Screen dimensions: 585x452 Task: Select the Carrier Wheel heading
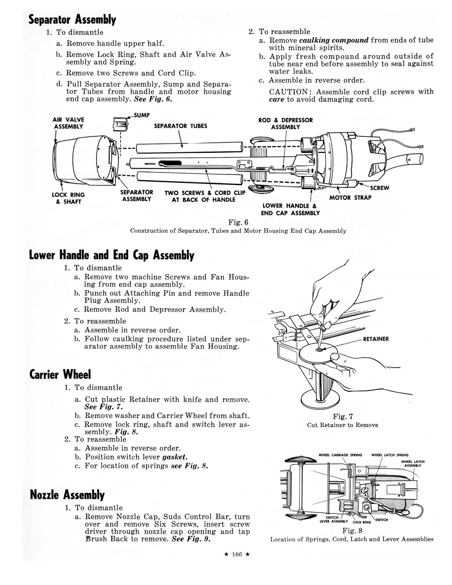pyautogui.click(x=60, y=374)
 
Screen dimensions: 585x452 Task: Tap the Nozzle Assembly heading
pyautogui.click(x=67, y=495)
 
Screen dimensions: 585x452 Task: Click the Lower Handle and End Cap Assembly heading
pyautogui.click(x=111, y=255)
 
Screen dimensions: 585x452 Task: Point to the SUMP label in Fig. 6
pyautogui.click(x=141, y=115)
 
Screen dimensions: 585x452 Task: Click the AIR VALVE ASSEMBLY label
pyautogui.click(x=68, y=123)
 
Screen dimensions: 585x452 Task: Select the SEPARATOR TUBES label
pyautogui.click(x=181, y=126)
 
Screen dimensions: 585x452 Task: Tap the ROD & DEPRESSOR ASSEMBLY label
pyautogui.click(x=285, y=124)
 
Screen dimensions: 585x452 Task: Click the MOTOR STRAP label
pyautogui.click(x=350, y=197)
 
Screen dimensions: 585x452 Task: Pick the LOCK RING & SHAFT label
pyautogui.click(x=68, y=198)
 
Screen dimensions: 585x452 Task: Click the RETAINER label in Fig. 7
pyautogui.click(x=376, y=339)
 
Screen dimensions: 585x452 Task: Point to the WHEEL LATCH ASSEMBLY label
pyautogui.click(x=413, y=464)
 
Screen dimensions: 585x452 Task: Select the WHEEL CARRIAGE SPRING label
pyautogui.click(x=340, y=455)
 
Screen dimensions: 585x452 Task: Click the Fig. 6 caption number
pyautogui.click(x=238, y=222)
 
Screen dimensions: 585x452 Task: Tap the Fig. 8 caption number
pyautogui.click(x=352, y=531)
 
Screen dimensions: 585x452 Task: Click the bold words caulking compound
pyautogui.click(x=334, y=40)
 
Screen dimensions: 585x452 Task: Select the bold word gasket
pyautogui.click(x=175, y=457)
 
